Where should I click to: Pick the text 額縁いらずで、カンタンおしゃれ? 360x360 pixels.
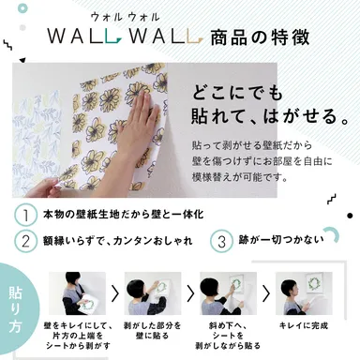[122, 240]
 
